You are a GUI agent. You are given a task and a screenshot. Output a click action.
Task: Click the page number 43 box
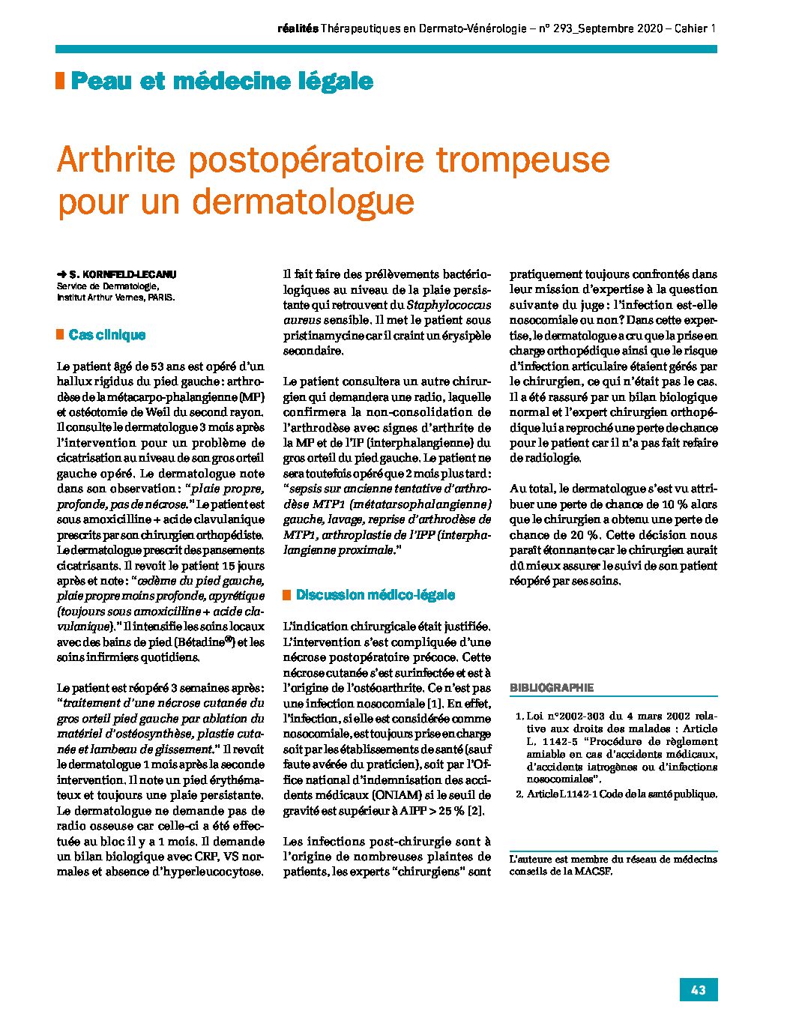(x=698, y=990)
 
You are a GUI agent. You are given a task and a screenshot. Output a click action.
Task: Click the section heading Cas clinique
(x=106, y=335)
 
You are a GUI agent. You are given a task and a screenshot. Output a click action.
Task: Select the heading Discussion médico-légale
(x=375, y=595)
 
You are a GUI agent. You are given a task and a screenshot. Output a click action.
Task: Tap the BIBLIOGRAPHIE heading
(x=552, y=687)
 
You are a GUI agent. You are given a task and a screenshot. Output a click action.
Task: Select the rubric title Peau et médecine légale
(x=222, y=81)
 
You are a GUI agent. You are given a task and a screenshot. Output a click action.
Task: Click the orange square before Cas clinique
(x=60, y=334)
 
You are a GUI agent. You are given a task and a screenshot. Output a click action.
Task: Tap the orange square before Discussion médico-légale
(x=286, y=595)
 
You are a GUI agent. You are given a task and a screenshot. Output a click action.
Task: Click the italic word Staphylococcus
(x=449, y=304)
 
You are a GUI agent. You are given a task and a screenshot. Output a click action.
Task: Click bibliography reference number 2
(x=519, y=794)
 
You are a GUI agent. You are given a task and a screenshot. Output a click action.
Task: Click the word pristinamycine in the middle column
(x=320, y=335)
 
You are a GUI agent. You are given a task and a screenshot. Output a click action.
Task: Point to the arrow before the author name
(x=61, y=275)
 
